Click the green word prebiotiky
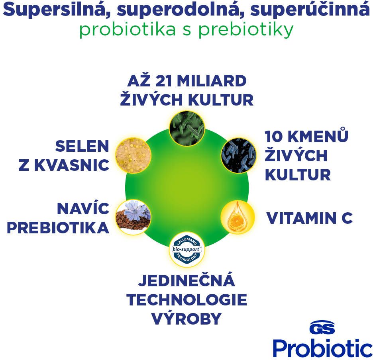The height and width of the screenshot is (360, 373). [x=246, y=30]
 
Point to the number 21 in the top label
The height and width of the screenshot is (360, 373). [x=164, y=81]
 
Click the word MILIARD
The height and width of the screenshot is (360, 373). [x=212, y=81]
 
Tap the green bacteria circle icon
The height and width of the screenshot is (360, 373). [x=187, y=128]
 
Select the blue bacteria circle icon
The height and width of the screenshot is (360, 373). [x=239, y=155]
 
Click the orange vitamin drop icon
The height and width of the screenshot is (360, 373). [x=238, y=217]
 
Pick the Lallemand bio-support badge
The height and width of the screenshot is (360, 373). [x=187, y=249]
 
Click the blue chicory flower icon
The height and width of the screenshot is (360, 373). [x=133, y=217]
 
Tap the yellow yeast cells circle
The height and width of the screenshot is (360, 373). [x=133, y=155]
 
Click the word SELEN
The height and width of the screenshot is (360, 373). [x=82, y=146]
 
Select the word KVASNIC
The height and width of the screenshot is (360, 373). [x=72, y=165]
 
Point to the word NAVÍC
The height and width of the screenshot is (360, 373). [x=83, y=208]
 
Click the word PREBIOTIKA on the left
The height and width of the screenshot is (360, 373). [x=58, y=228]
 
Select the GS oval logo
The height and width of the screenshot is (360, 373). [x=322, y=328]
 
